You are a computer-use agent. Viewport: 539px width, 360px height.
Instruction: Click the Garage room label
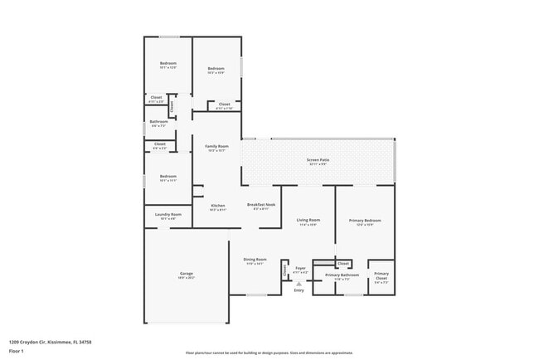point(187,273)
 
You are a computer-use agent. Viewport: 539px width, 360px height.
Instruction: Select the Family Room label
point(217,146)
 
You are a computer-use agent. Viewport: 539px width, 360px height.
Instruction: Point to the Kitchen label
point(217,205)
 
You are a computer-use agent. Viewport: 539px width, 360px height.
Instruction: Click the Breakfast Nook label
point(261,204)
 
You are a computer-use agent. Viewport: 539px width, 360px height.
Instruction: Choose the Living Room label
point(308,220)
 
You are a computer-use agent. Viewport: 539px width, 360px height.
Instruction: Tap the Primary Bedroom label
point(365,220)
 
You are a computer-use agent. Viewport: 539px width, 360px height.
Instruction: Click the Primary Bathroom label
point(342,275)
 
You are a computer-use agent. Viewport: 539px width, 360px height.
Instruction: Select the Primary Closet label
point(381,275)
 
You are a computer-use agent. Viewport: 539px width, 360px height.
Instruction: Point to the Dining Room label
point(255,259)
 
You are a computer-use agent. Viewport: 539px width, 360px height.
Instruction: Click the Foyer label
point(301,267)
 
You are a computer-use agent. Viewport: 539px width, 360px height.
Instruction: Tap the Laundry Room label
point(168,214)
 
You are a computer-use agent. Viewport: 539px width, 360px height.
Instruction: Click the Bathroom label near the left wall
point(158,122)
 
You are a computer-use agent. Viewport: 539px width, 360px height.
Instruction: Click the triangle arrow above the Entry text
point(299,283)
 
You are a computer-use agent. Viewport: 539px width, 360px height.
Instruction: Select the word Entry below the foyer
point(299,290)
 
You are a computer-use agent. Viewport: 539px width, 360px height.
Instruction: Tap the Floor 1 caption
point(17,350)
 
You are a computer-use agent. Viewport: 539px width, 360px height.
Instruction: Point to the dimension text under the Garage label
point(187,278)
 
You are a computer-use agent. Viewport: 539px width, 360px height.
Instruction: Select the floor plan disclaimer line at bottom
point(269,353)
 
